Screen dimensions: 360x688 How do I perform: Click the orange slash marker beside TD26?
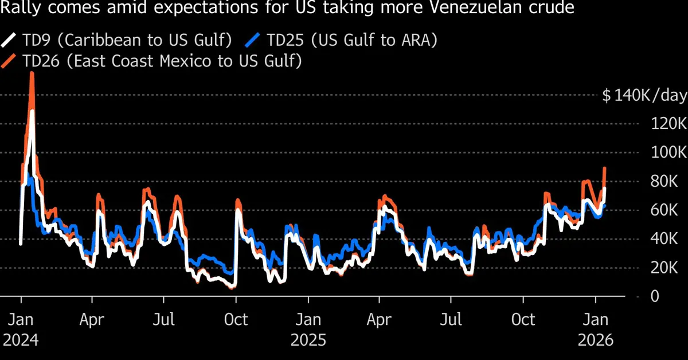(10, 61)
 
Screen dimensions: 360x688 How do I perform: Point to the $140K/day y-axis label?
(644, 96)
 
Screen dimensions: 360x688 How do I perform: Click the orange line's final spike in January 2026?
(604, 169)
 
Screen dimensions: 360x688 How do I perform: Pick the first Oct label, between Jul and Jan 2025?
(236, 319)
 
